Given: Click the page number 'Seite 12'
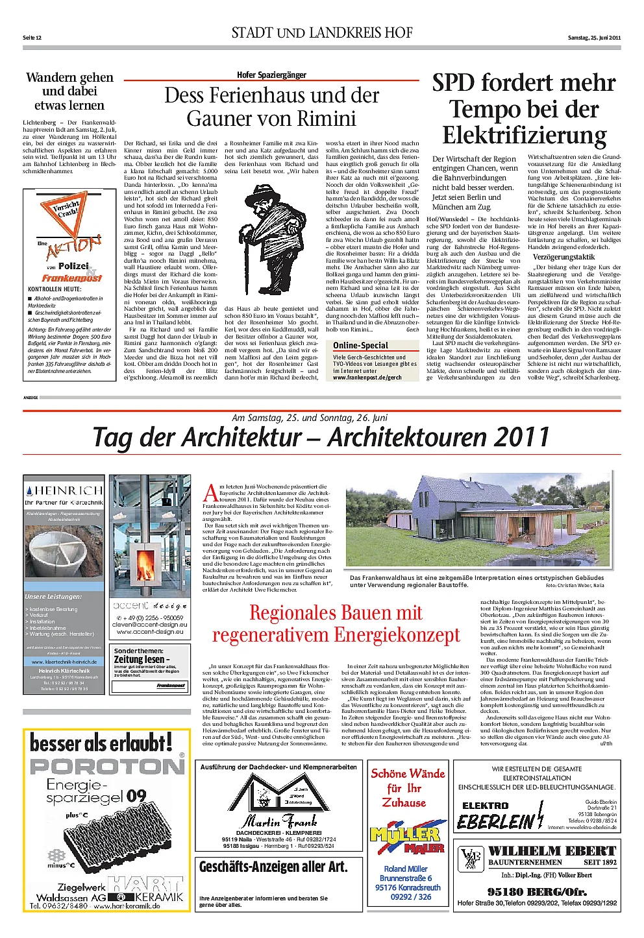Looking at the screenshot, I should (x=32, y=38).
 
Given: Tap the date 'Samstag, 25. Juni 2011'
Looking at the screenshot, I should (x=594, y=38).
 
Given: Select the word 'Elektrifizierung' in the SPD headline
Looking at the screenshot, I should (x=524, y=136).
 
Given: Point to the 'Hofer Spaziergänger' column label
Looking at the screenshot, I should (x=271, y=75).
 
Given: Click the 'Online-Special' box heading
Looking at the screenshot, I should (x=360, y=346).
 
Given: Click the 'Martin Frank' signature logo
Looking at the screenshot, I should (x=280, y=821).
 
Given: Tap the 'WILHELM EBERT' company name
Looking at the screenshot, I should (x=552, y=850).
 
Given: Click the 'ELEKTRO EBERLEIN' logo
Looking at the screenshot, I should (x=498, y=816).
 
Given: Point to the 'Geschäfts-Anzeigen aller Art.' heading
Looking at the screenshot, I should (x=273, y=867).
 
